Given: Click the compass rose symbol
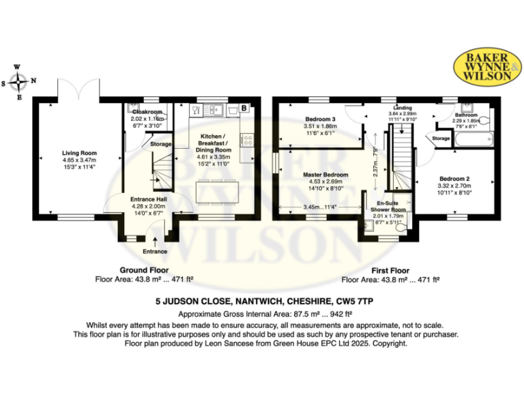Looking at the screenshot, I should click(19, 83).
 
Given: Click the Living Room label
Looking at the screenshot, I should click(80, 153).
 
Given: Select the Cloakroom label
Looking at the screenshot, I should click(146, 111).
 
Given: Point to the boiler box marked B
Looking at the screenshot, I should click(244, 108).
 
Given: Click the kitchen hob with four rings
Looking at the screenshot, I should click(247, 141).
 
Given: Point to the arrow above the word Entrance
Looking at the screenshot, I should click(155, 239).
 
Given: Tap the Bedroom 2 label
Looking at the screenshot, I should click(454, 179).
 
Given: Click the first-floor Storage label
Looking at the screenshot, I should click(441, 139).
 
